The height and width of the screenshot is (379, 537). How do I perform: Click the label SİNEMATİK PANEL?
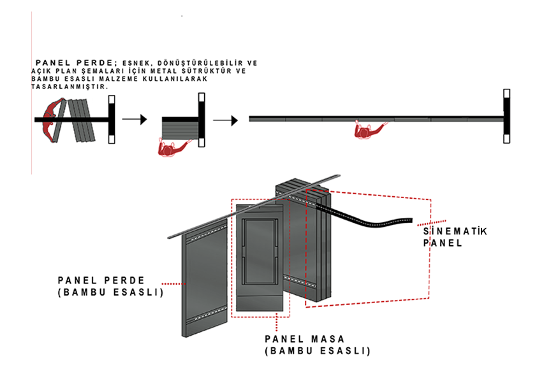455,237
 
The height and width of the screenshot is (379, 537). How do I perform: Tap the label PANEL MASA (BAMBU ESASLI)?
318,345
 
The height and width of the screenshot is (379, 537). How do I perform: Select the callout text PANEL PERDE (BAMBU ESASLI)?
110,286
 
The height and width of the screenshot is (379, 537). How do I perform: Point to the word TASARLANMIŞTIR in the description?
70,87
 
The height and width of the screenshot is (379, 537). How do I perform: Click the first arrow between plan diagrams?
135,119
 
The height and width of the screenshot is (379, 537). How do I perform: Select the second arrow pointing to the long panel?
225,120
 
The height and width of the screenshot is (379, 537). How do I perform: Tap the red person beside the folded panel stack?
173,148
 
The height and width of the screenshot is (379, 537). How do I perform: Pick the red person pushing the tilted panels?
52,120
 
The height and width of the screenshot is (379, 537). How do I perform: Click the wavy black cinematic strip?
364,217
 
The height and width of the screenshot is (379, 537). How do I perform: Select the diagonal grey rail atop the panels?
254,206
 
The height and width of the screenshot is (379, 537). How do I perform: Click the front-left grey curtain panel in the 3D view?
205,278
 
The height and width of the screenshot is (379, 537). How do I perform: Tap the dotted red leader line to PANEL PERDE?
173,283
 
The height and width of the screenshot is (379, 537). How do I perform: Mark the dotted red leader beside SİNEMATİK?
432,223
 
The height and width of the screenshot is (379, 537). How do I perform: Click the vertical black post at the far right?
506,117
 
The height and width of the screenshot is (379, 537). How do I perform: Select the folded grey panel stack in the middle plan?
180,128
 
